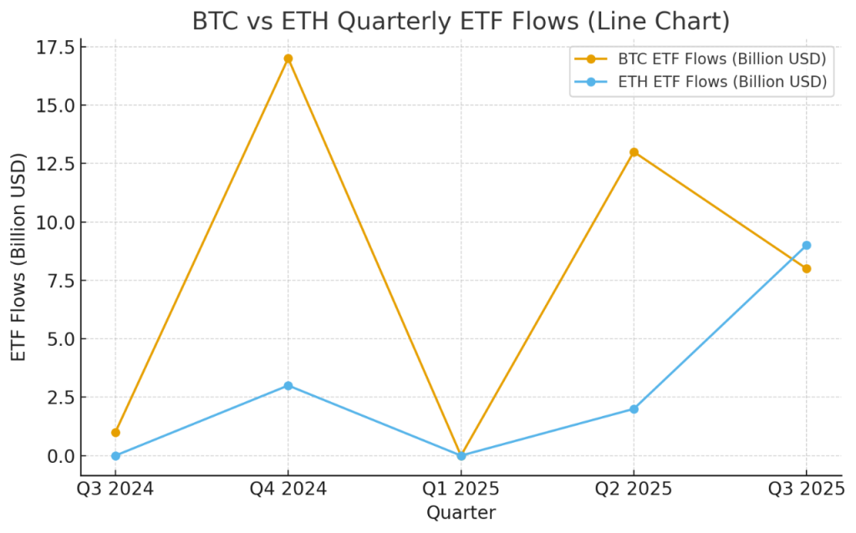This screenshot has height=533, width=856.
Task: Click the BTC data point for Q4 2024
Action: point(288,58)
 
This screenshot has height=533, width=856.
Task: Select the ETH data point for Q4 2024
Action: point(288,386)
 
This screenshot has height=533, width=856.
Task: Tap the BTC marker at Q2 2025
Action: point(634,152)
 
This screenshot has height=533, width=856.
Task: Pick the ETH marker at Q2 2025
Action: point(634,409)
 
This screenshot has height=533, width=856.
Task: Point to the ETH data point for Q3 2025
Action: point(807,246)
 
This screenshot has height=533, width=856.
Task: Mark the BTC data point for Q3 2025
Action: point(807,269)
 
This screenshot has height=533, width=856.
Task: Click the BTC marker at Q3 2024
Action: point(115,433)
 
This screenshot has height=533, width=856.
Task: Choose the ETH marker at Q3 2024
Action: point(115,456)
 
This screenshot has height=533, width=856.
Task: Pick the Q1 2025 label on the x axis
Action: point(461,489)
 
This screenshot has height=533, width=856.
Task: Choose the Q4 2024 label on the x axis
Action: point(288,489)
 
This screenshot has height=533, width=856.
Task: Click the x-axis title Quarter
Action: point(461,513)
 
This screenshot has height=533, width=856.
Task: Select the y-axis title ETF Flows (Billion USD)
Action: point(19,256)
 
